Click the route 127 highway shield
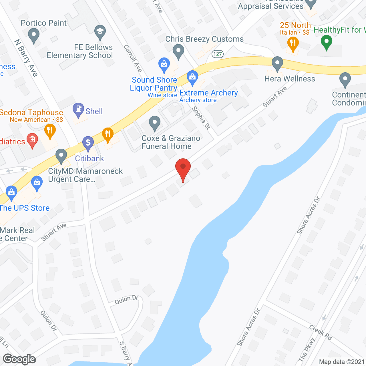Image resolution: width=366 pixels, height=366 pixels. (x=218, y=54)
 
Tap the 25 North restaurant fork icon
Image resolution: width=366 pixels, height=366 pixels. (x=293, y=44)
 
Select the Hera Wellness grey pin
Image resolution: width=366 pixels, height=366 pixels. (x=277, y=63)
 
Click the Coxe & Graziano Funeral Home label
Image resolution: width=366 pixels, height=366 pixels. (x=171, y=142)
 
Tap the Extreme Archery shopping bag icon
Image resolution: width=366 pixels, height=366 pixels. (x=192, y=77)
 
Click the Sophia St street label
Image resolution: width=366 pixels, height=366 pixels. (x=201, y=118)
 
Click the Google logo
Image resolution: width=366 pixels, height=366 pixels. (x=19, y=359)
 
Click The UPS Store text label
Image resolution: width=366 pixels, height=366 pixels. (x=25, y=208)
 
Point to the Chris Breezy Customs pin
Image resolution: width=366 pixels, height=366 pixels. (x=178, y=51)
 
